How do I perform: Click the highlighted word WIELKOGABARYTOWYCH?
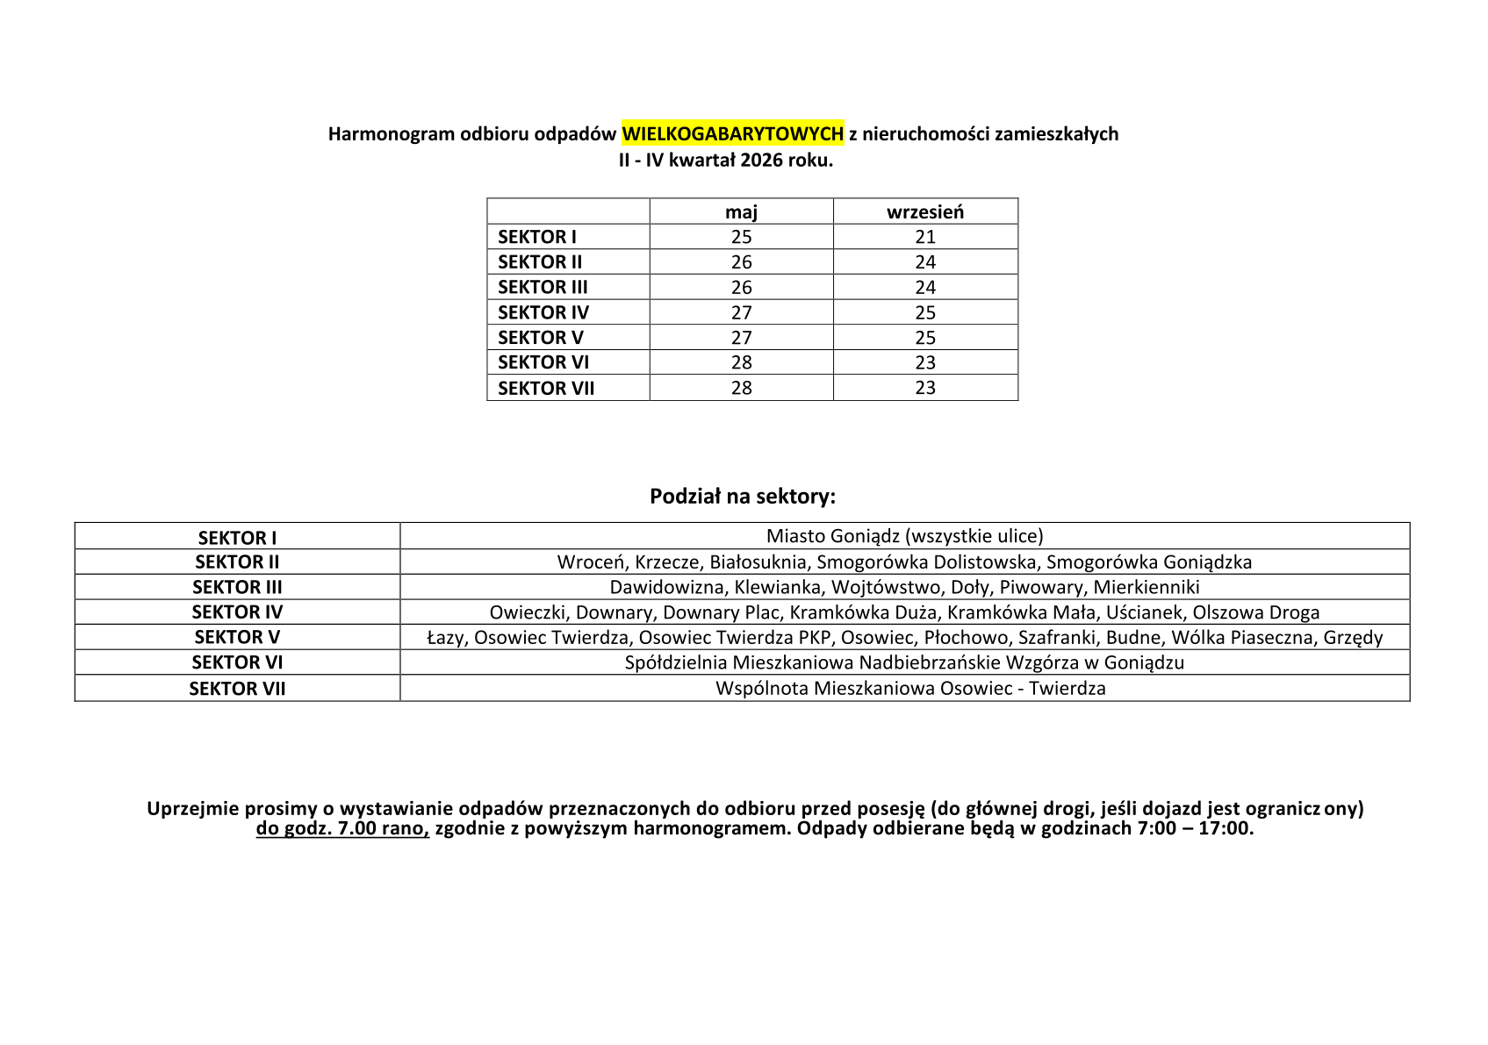tap(732, 133)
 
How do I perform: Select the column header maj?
tap(741, 211)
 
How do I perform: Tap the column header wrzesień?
tap(924, 211)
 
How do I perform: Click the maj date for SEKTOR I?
tap(741, 237)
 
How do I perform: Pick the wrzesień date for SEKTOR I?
tap(924, 237)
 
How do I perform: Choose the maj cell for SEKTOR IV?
tap(741, 312)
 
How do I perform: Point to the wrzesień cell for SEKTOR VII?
tap(924, 388)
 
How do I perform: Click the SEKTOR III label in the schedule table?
tap(543, 287)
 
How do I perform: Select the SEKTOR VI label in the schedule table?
tap(543, 362)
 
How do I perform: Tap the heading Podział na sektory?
tap(743, 497)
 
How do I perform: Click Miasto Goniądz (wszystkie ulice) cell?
tap(904, 536)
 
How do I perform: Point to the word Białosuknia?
tap(758, 562)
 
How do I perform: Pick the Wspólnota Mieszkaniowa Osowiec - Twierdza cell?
tap(910, 689)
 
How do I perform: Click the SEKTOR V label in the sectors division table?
tap(237, 637)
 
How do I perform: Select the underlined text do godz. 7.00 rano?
tap(342, 828)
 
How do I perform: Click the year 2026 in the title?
tap(761, 161)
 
